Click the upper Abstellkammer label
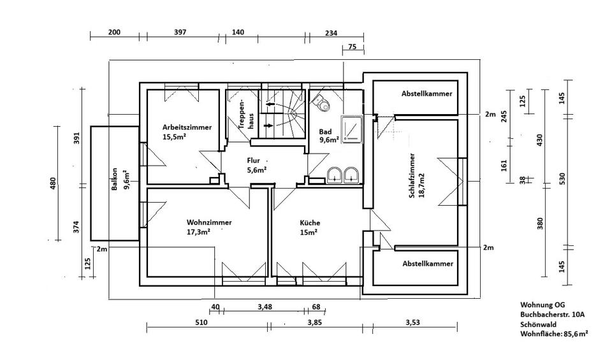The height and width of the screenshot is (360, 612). pyautogui.click(x=426, y=93)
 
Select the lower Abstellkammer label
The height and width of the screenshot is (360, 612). pyautogui.click(x=427, y=263)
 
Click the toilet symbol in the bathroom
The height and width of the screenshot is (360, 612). pyautogui.click(x=322, y=102)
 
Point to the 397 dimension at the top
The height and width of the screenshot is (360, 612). pyautogui.click(x=180, y=32)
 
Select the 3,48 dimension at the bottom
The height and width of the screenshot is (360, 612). pyautogui.click(x=265, y=307)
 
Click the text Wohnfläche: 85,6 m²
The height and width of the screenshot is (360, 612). pyautogui.click(x=553, y=333)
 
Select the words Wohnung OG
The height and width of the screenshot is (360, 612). pyautogui.click(x=543, y=305)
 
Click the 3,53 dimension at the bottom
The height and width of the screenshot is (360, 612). pyautogui.click(x=412, y=323)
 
